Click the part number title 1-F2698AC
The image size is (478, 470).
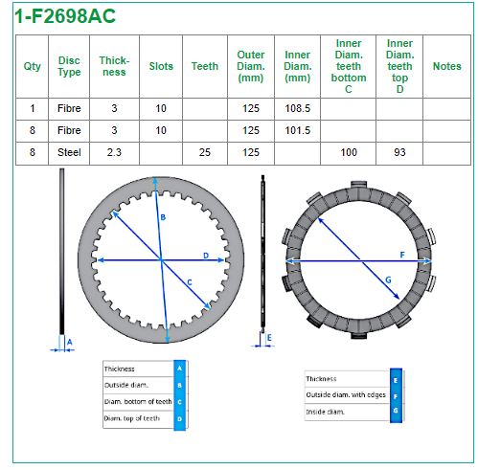pyautogui.click(x=65, y=16)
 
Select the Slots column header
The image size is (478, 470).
pyautogui.click(x=161, y=66)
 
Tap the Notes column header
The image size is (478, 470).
pyautogui.click(x=446, y=66)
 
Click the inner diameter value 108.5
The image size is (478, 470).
pyautogui.click(x=297, y=108)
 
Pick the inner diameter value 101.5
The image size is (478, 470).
pyautogui.click(x=297, y=130)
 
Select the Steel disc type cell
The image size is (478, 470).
pyautogui.click(x=69, y=152)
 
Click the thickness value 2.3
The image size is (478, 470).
pyautogui.click(x=114, y=152)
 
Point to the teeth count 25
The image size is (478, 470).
pyautogui.click(x=205, y=152)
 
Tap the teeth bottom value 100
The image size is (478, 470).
pyautogui.click(x=349, y=152)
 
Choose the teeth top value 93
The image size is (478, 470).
pyautogui.click(x=399, y=152)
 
